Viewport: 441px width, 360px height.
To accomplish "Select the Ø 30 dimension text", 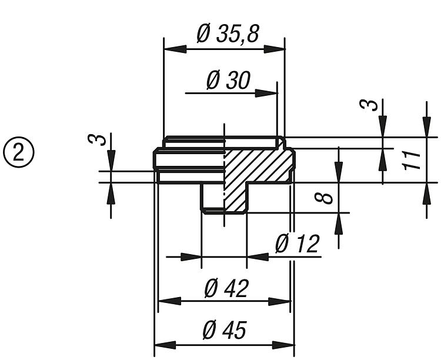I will click(x=228, y=81).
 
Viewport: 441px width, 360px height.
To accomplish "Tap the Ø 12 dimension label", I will click(x=297, y=244).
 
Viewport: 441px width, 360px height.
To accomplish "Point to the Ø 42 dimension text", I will click(x=226, y=288).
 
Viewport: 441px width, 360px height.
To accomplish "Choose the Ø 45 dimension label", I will click(x=224, y=331).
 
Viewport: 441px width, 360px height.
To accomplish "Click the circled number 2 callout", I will click(x=19, y=152).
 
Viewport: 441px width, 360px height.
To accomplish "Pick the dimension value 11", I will click(x=414, y=159).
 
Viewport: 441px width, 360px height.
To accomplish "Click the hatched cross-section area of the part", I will click(x=259, y=168).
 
